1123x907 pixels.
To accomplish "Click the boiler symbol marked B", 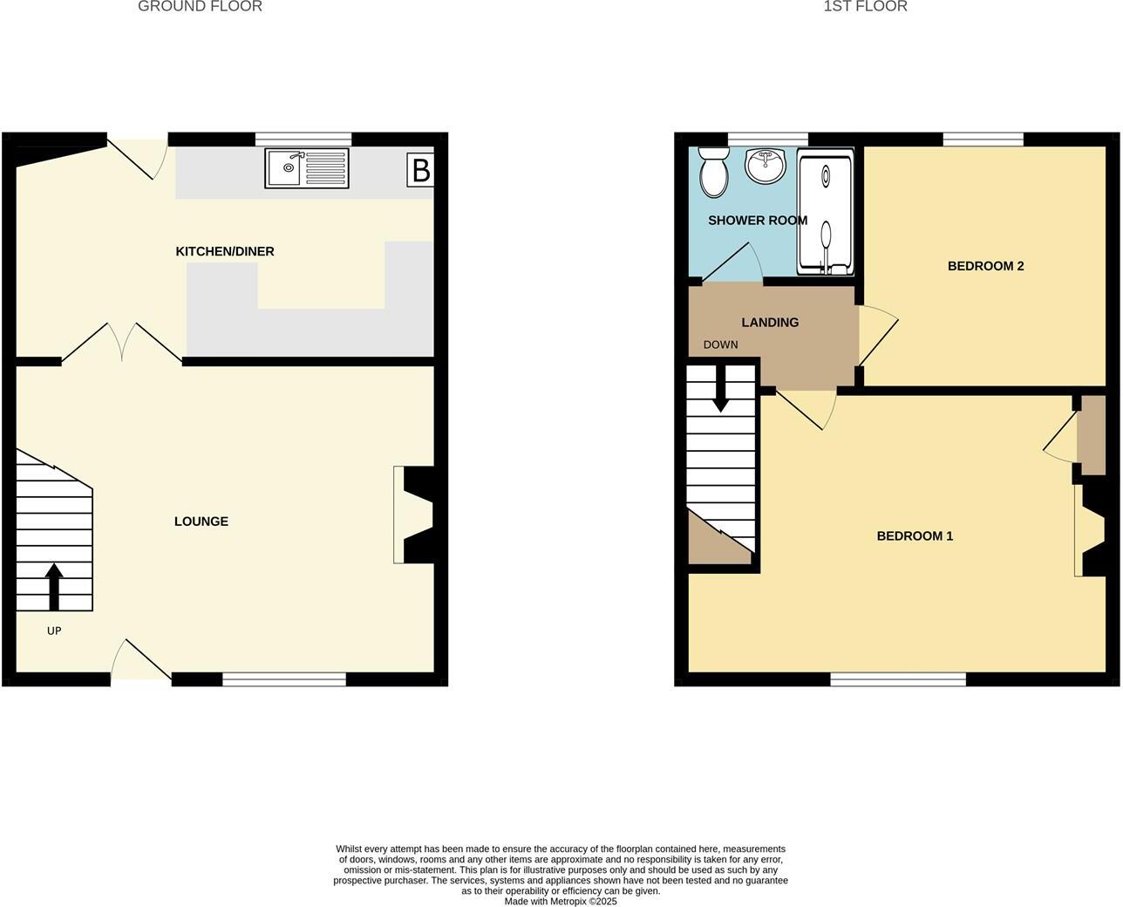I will [x=420, y=170].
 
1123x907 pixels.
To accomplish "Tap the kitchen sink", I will [x=306, y=168].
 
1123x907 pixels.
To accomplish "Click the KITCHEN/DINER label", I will [x=225, y=252].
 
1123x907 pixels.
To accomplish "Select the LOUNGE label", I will [x=201, y=522].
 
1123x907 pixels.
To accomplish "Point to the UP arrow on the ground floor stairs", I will [x=54, y=586].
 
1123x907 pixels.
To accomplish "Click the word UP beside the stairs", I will [x=54, y=631].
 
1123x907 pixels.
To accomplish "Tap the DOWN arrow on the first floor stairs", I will [x=721, y=389].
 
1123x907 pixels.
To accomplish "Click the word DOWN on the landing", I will [x=720, y=344].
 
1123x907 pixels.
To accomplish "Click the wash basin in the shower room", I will [x=766, y=165].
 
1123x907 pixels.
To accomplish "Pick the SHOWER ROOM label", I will [x=758, y=221].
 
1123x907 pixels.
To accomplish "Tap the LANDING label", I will [x=770, y=323].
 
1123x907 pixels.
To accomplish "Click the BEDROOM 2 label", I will [x=985, y=266].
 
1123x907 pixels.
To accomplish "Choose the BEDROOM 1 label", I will [x=915, y=536].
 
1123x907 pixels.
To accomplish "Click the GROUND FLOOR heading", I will [x=200, y=7].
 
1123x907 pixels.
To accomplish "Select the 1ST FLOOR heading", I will [x=865, y=7].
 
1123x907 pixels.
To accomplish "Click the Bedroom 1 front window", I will [x=898, y=679].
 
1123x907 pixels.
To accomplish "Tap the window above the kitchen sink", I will [x=303, y=139].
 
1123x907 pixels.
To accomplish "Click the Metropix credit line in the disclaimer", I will [x=561, y=902].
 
